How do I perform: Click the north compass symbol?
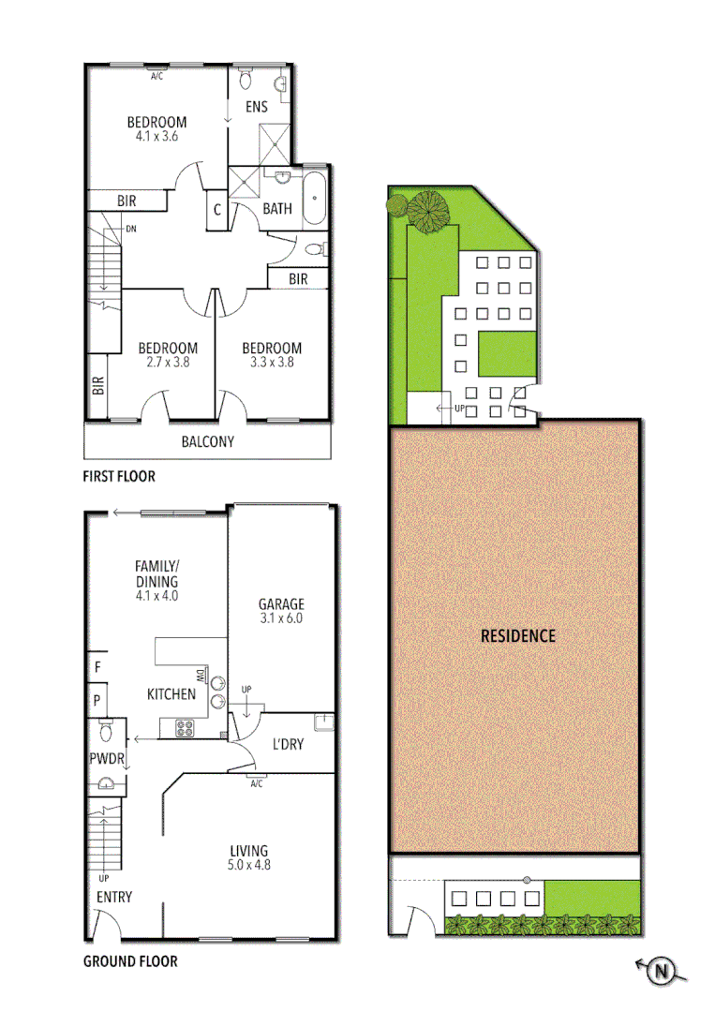663,972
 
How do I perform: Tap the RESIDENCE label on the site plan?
517,635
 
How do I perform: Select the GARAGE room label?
281,604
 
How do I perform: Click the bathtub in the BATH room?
315,197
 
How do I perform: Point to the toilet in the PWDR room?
105,729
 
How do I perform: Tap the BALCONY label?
207,442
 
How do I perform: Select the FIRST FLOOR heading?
119,476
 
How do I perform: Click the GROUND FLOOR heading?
130,960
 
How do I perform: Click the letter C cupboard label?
216,210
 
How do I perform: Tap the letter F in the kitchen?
97,667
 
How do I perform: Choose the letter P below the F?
97,699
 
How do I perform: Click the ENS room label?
257,107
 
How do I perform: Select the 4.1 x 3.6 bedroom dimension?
156,136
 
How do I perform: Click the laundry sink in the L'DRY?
322,722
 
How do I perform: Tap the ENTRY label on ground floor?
114,897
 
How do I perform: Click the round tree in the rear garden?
427,210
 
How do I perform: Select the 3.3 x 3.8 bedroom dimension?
272,362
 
